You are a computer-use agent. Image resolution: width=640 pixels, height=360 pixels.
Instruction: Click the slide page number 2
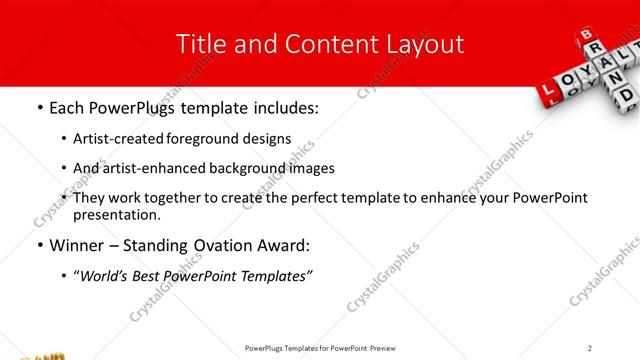coord(590,347)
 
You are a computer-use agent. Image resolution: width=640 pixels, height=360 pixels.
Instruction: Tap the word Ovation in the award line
coord(233,245)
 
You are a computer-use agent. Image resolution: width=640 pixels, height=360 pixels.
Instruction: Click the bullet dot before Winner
coord(39,245)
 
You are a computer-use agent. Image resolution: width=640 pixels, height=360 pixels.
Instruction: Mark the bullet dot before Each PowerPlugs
coord(39,107)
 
